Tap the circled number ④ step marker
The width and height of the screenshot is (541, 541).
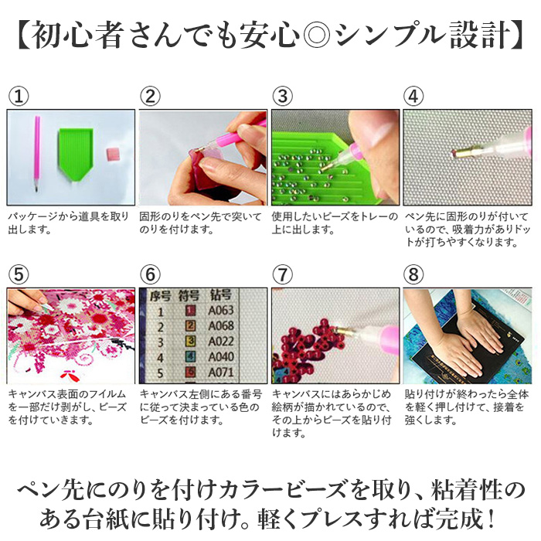click(x=414, y=96)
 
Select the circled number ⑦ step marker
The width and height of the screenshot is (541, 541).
click(x=282, y=274)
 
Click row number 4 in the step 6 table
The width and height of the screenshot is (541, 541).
click(x=160, y=359)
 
